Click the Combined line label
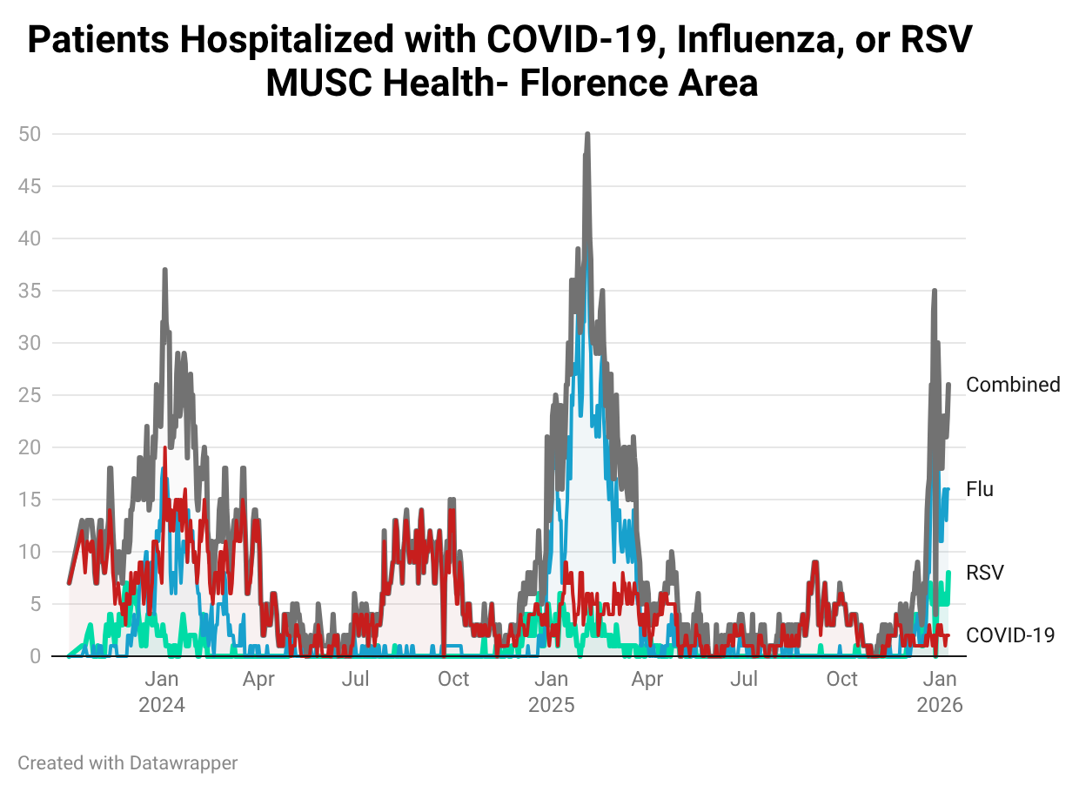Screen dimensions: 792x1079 pyautogui.click(x=1013, y=385)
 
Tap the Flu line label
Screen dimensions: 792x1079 pyautogui.click(x=980, y=490)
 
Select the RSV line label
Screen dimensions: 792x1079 pyautogui.click(x=985, y=573)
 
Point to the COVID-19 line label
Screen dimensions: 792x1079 pyautogui.click(x=1010, y=635)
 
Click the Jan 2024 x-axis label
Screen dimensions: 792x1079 pyautogui.click(x=162, y=691)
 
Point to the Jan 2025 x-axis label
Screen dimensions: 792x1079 pyautogui.click(x=552, y=691)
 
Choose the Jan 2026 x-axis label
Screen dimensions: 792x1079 pyautogui.click(x=940, y=691)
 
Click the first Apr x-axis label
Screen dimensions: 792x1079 pyautogui.click(x=259, y=679)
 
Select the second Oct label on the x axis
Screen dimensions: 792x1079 pyautogui.click(x=841, y=679)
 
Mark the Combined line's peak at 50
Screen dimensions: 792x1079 pyautogui.click(x=587, y=135)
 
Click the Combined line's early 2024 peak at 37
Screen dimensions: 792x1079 pyautogui.click(x=164, y=271)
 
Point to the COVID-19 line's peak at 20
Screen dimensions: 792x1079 pyautogui.click(x=164, y=448)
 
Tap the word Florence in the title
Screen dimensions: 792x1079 pyautogui.click(x=603, y=84)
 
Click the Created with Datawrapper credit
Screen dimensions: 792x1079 pyautogui.click(x=128, y=763)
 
